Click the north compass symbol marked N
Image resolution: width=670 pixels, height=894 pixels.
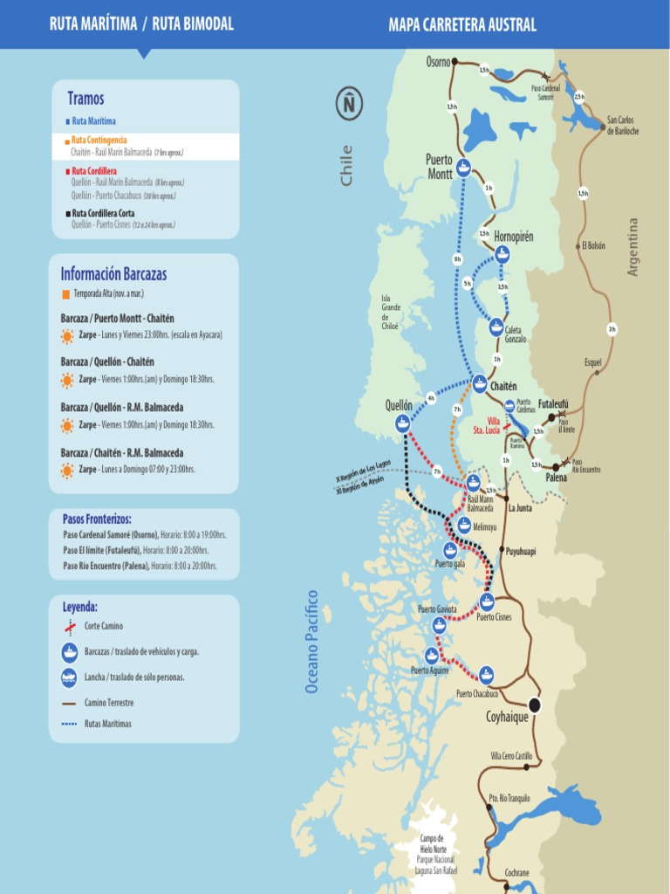(x=349, y=104)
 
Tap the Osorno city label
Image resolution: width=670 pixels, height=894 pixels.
(x=438, y=61)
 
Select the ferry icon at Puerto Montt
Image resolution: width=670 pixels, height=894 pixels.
(x=464, y=168)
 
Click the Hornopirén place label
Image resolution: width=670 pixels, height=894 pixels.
(x=513, y=237)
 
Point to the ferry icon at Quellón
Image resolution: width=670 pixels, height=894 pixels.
(x=402, y=423)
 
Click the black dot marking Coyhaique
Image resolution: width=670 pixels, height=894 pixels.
(x=534, y=704)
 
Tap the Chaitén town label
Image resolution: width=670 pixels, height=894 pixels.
(x=503, y=386)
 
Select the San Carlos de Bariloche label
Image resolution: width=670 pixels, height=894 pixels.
(x=623, y=126)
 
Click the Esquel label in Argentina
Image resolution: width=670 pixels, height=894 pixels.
(x=593, y=361)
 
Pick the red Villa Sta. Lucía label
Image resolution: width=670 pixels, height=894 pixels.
(x=486, y=425)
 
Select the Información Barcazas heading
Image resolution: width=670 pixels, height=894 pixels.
(x=113, y=274)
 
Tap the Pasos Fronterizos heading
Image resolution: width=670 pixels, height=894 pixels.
(x=97, y=519)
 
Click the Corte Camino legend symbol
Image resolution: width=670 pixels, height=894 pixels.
(x=69, y=626)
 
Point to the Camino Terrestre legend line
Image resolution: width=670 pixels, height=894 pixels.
(x=69, y=702)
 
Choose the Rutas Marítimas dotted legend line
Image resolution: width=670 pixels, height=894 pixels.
(x=69, y=724)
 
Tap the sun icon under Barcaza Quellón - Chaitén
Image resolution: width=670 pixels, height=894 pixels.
(x=67, y=380)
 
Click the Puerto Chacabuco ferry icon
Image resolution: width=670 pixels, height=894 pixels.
(x=486, y=674)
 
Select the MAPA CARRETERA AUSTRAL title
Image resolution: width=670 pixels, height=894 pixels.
(x=462, y=24)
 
